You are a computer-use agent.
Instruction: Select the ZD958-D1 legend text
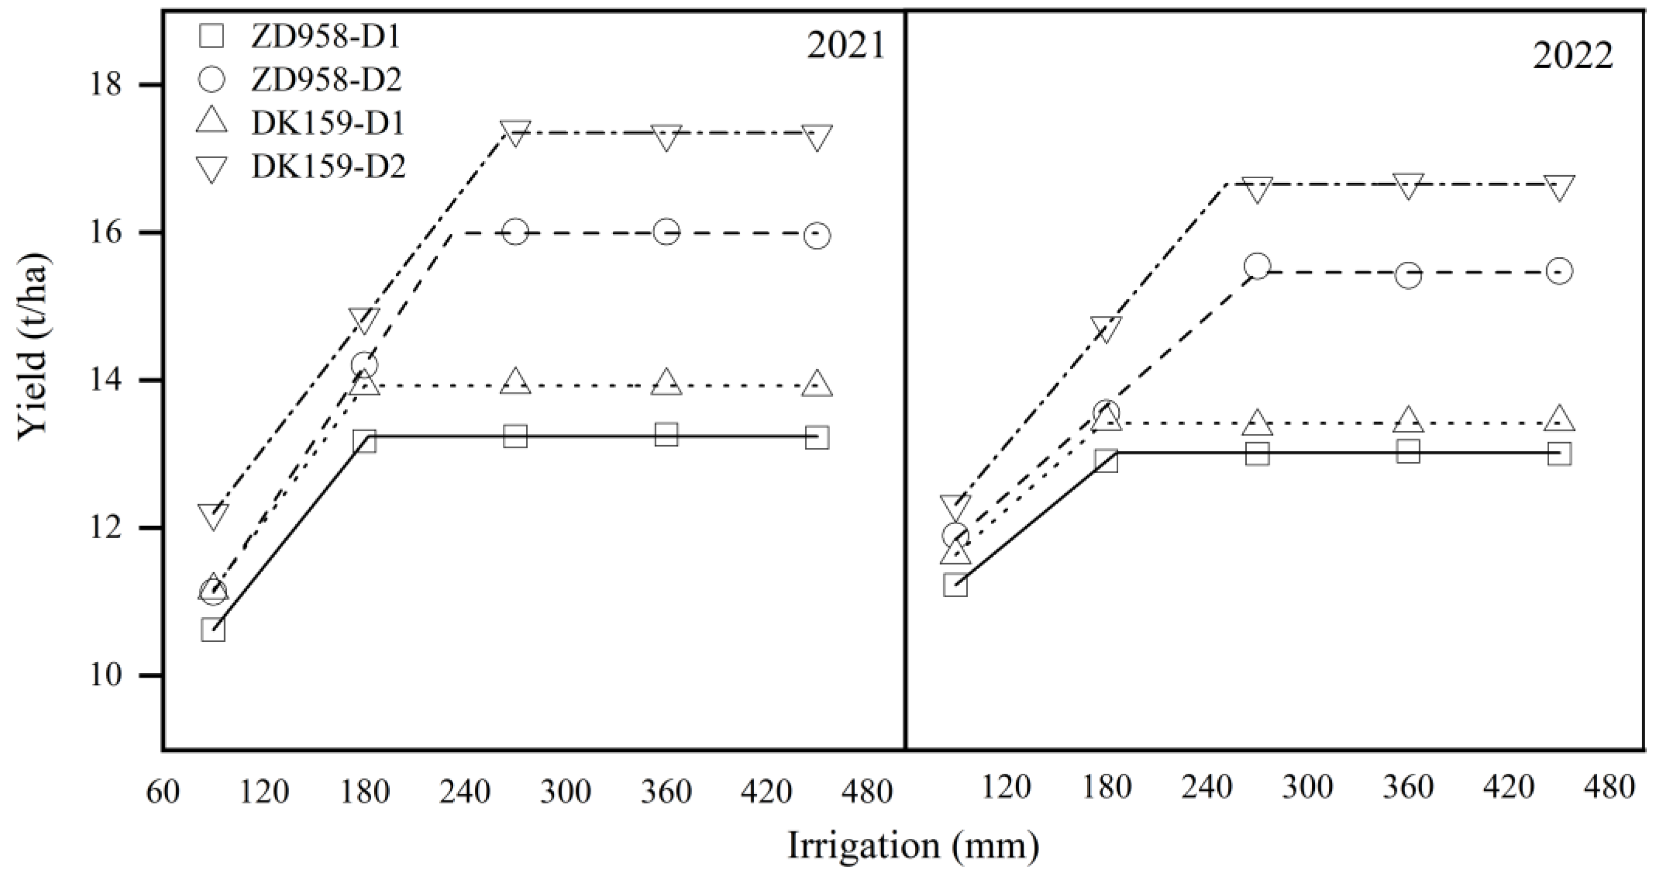coord(326,37)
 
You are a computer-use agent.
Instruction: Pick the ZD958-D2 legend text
coord(326,80)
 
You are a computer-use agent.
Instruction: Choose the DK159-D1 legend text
coord(327,123)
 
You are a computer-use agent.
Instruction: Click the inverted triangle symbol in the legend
coord(211,169)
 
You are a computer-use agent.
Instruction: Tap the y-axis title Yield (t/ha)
coord(32,347)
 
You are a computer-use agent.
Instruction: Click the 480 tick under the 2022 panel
coord(1610,787)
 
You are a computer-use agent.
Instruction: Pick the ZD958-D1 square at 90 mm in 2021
coord(213,630)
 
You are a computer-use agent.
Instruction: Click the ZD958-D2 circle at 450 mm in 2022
coord(1559,271)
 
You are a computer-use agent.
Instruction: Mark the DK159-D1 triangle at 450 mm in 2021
coord(817,384)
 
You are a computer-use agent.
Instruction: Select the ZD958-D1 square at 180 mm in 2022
coord(1106,461)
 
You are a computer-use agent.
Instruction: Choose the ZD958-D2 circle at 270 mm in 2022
coord(1257,266)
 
